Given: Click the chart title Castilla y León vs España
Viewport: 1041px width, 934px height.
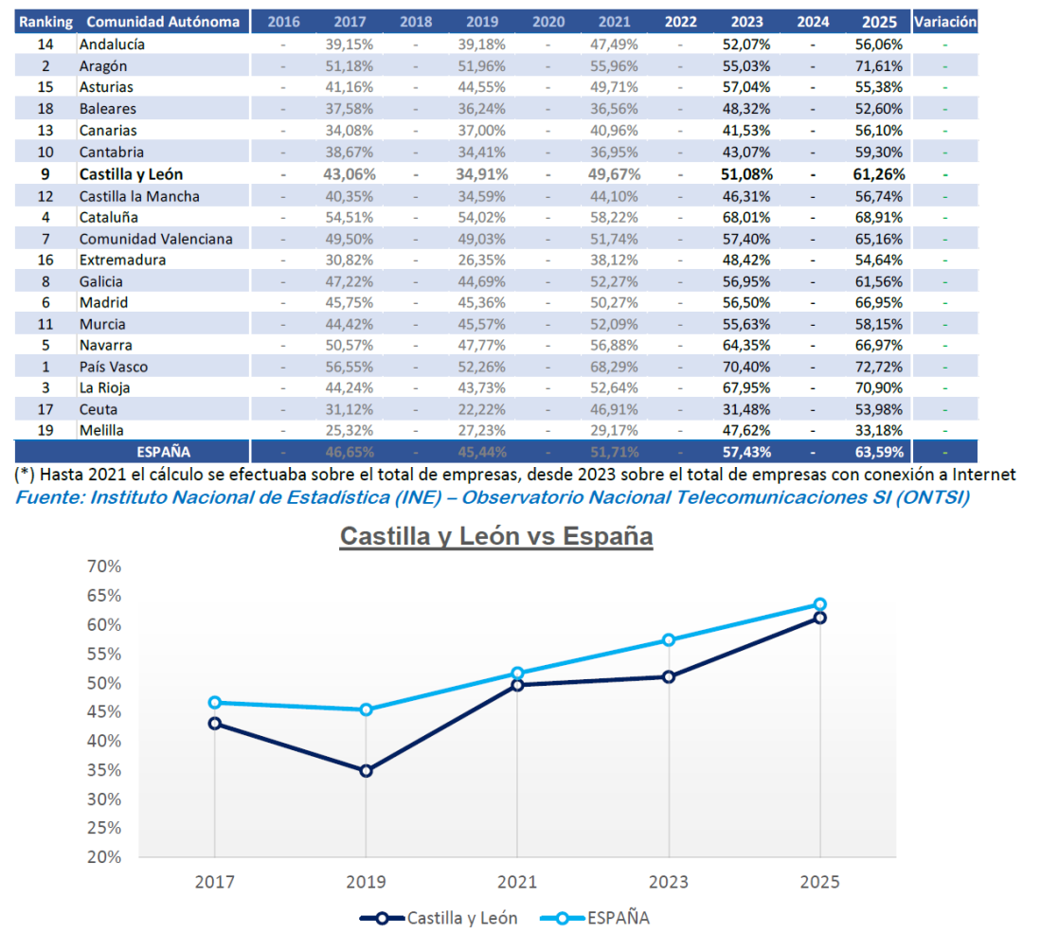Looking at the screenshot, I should point(496,536).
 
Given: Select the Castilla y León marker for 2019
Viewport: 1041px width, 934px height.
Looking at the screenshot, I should point(366,771).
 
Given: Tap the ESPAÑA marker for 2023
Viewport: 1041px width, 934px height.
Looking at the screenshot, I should point(669,640).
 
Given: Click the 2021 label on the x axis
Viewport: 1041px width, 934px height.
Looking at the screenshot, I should point(517,882).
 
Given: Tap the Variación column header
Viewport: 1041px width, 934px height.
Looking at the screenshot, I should point(943,21).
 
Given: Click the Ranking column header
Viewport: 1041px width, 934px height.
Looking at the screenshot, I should point(45,21).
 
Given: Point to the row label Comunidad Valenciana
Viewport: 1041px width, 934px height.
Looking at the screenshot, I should point(155,239).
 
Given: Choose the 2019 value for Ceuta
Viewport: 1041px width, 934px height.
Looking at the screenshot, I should point(483,409).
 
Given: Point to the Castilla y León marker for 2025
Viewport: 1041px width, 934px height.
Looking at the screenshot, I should point(820,618).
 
